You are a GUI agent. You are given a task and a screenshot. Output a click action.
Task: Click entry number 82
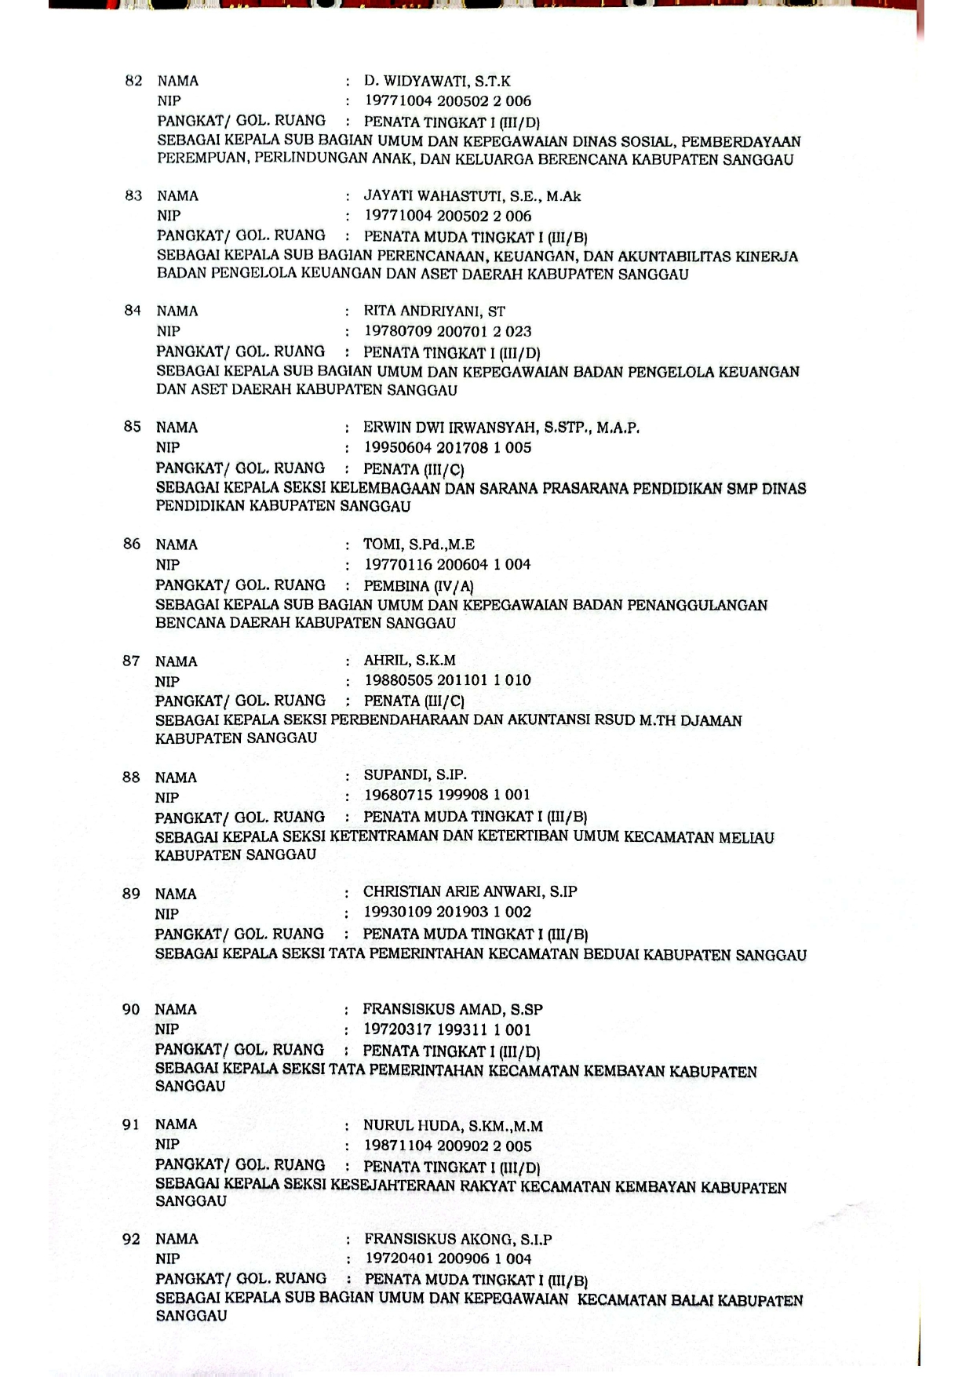click(133, 81)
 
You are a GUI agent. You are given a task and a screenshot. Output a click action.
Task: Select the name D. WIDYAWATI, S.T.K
click(437, 81)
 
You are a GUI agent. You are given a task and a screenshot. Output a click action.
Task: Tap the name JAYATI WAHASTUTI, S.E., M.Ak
click(472, 196)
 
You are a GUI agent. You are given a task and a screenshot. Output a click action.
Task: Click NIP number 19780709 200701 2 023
click(447, 331)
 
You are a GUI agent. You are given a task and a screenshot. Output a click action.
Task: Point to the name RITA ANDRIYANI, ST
click(434, 311)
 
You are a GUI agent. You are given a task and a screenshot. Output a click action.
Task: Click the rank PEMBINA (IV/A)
click(418, 586)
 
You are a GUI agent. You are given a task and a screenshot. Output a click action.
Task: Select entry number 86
click(132, 544)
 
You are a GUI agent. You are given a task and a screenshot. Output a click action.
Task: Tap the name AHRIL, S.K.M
click(409, 661)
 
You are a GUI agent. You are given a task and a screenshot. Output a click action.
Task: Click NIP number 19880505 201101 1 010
click(447, 680)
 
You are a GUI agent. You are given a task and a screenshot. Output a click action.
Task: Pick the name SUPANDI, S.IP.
click(414, 775)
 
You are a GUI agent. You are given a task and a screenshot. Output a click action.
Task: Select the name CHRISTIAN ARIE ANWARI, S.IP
click(470, 892)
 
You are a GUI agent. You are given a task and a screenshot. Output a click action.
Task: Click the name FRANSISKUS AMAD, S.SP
click(452, 1010)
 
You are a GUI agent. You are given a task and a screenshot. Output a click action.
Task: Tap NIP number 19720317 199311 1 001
click(446, 1029)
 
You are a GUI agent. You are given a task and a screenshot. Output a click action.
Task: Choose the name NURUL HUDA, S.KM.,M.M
click(453, 1126)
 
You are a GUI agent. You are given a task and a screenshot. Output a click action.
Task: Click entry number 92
click(131, 1239)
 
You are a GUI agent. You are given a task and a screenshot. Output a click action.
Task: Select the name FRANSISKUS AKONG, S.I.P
click(457, 1240)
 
